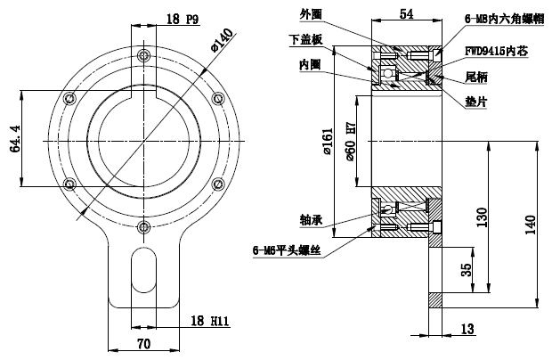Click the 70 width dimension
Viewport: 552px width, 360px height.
pos(142,342)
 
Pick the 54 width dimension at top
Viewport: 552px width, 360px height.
pos(405,13)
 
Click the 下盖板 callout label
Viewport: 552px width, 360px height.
pos(304,39)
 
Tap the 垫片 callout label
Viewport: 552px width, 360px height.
pos(478,102)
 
